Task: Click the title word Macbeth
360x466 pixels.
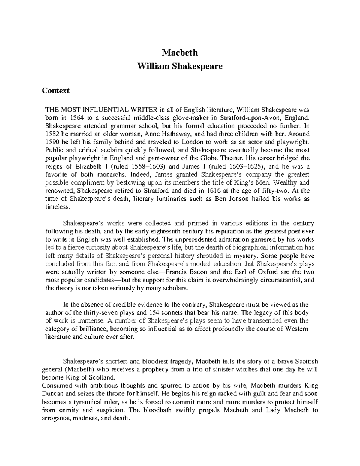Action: coord(180,53)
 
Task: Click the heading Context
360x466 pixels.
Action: coord(56,90)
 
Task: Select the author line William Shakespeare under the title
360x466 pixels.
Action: coord(180,66)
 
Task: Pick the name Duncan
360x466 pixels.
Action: coord(54,394)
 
